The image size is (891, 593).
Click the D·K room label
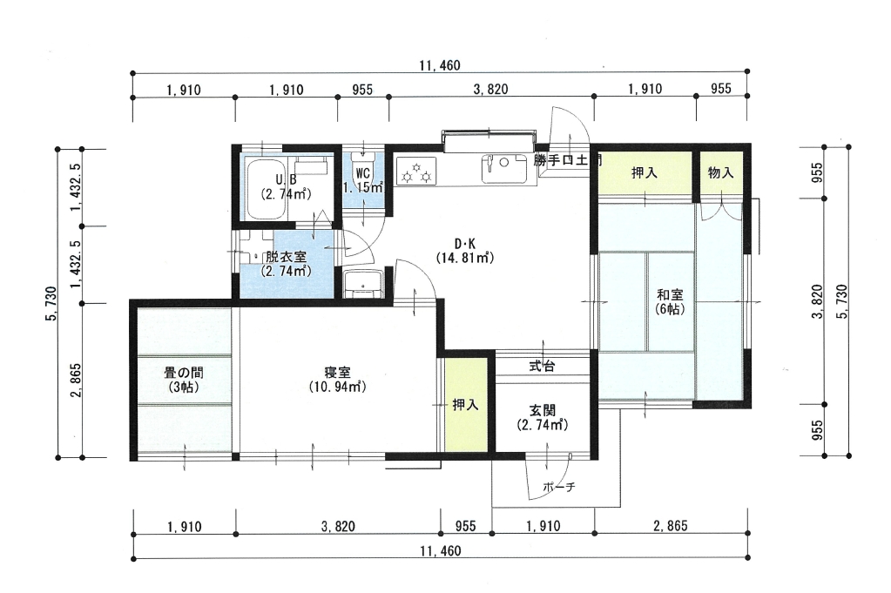(465, 251)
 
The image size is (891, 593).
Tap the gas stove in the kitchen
(416, 171)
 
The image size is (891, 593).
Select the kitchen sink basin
(503, 169)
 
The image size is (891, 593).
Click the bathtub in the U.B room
(267, 189)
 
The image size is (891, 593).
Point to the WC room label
(362, 179)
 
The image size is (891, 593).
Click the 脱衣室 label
(286, 264)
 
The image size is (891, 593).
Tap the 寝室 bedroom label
(338, 380)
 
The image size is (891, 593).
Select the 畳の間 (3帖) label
(184, 380)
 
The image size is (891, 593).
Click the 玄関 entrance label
(542, 417)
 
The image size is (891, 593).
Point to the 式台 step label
(542, 367)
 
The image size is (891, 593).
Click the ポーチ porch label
(559, 487)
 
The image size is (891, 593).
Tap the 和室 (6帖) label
(670, 301)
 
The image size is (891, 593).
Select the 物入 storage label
(720, 172)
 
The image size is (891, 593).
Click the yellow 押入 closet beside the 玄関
(466, 404)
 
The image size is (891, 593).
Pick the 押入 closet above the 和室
(645, 172)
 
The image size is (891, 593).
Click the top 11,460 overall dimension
(440, 65)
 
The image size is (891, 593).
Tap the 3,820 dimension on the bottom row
(338, 527)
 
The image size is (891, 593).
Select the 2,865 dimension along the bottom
(671, 525)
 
